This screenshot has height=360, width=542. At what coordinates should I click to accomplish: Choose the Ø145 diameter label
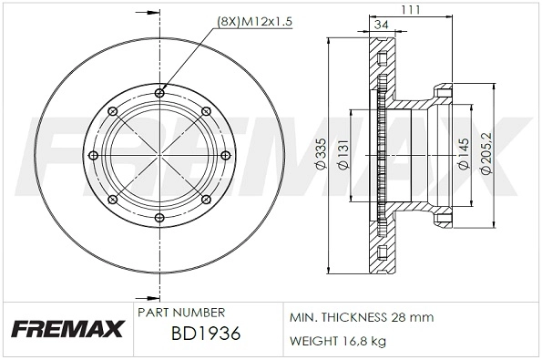pyautogui.click(x=463, y=156)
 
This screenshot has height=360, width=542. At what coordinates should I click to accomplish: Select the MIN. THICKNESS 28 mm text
pyautogui.click(x=362, y=316)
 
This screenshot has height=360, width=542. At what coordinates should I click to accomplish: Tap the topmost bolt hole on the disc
pyautogui.click(x=160, y=91)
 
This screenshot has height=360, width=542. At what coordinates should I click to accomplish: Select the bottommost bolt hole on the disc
pyautogui.click(x=160, y=217)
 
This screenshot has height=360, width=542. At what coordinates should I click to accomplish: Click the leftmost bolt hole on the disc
pyautogui.click(x=97, y=155)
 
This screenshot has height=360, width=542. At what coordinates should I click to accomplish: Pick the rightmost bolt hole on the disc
pyautogui.click(x=223, y=154)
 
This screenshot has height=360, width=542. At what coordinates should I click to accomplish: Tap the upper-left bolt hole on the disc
pyautogui.click(x=116, y=110)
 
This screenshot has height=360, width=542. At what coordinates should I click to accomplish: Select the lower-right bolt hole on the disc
pyautogui.click(x=205, y=199)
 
